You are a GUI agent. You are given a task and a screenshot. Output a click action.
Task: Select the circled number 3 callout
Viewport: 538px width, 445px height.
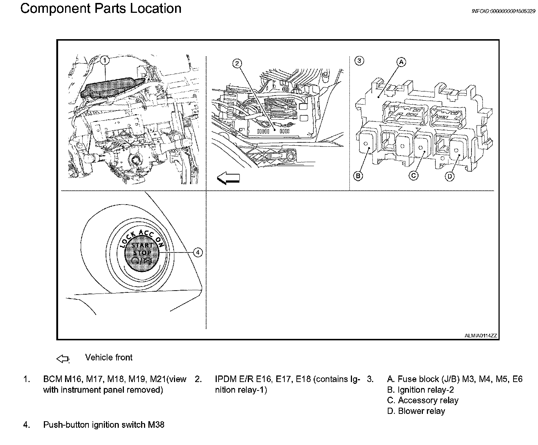pos(359,61)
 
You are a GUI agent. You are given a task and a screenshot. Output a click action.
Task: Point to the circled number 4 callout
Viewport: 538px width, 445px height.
pos(197,252)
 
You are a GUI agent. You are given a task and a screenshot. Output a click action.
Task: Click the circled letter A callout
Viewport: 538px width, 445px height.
pos(401,62)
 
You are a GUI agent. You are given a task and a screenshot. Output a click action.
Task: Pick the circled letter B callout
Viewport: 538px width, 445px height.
pos(358,176)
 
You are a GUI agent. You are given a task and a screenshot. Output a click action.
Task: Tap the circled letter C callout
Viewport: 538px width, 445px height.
pos(413,176)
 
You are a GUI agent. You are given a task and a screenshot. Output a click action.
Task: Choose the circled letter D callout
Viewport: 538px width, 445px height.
pos(450,176)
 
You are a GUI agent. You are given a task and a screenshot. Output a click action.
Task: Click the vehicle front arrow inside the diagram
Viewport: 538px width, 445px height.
pos(228,178)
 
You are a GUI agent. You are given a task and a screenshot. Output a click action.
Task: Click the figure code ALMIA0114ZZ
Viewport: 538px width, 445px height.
pos(481,335)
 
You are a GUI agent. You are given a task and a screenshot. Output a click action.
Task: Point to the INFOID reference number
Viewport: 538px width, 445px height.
pos(503,11)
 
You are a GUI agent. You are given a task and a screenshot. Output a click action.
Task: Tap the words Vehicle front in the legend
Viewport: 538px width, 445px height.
pos(109,358)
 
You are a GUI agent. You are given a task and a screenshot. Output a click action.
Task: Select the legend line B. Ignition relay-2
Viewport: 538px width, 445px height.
pos(420,390)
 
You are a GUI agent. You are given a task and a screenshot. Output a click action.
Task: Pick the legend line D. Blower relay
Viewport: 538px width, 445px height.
pos(416,411)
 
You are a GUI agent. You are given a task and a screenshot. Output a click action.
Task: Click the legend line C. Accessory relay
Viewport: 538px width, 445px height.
pos(423,400)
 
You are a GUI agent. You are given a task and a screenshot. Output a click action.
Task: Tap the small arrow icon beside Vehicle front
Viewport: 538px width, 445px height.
pos(63,359)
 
